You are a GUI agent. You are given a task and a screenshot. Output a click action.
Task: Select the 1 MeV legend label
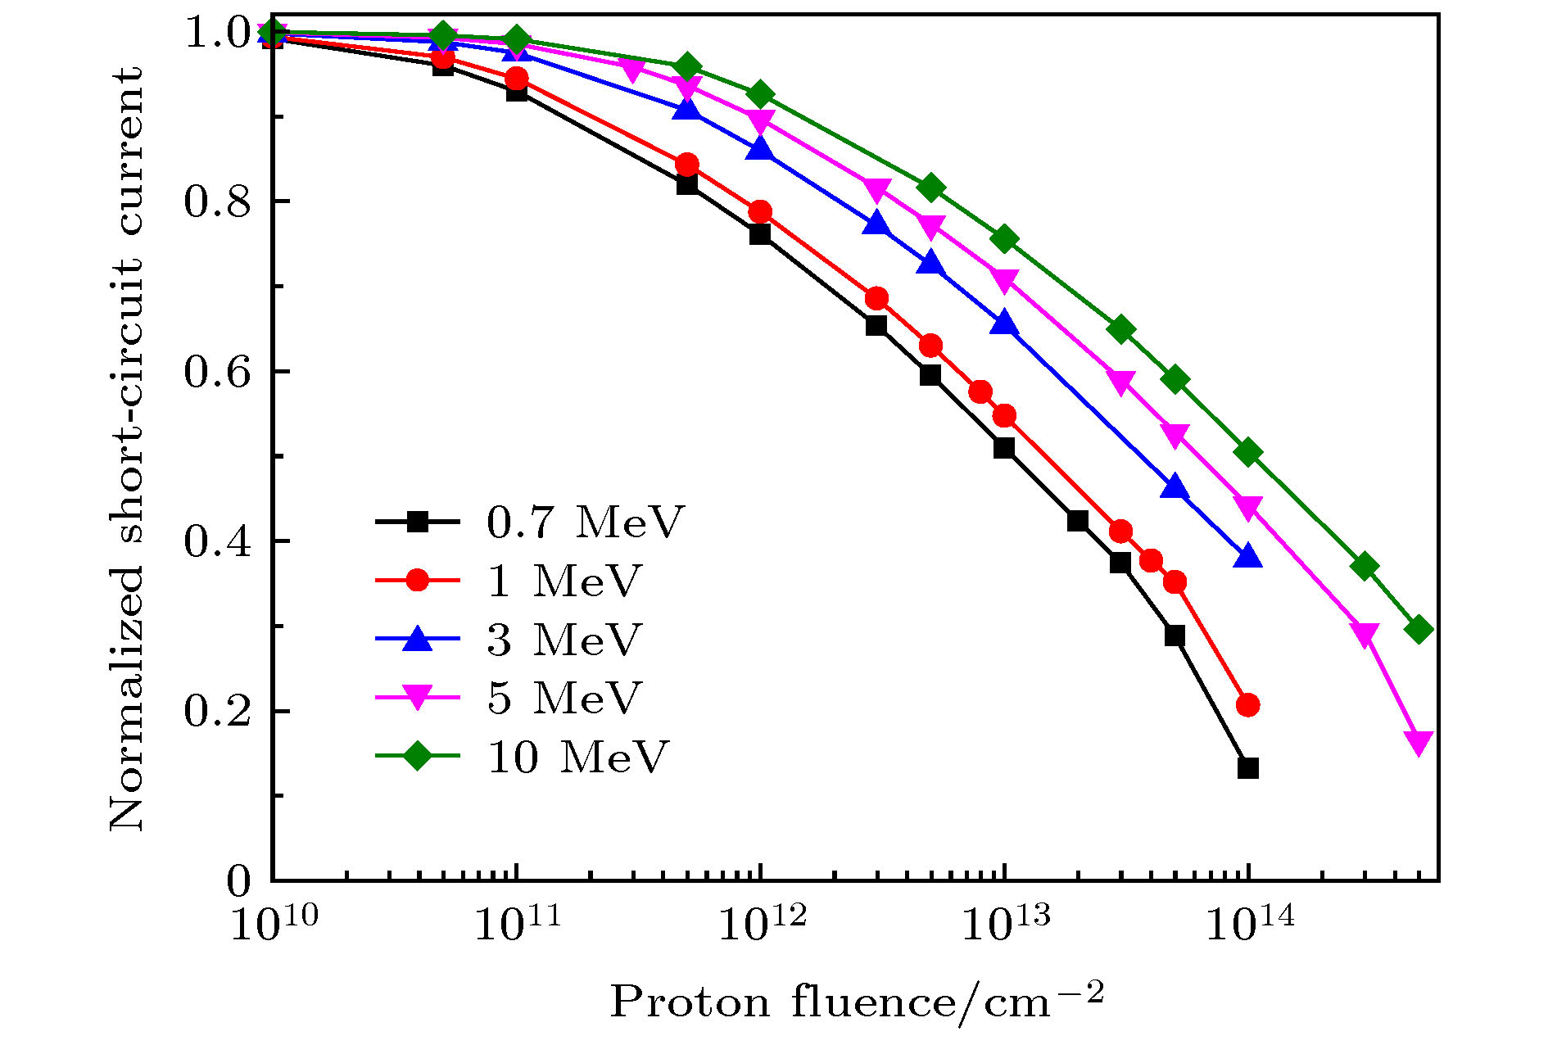(x=564, y=581)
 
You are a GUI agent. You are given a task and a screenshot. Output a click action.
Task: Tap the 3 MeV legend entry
(x=564, y=640)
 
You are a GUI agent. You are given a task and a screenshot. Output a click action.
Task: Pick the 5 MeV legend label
(x=564, y=698)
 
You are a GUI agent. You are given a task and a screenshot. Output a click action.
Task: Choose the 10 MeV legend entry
(x=577, y=757)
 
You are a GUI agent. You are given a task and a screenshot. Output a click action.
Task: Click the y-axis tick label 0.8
(x=217, y=201)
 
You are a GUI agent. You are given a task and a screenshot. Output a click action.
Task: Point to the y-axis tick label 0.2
(x=217, y=711)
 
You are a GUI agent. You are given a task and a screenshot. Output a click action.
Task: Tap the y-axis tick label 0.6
(x=217, y=372)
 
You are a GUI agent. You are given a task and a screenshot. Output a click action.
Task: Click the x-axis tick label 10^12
(x=762, y=924)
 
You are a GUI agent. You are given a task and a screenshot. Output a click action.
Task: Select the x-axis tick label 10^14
(x=1250, y=924)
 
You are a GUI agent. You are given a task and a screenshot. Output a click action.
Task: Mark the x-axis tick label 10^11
(x=518, y=924)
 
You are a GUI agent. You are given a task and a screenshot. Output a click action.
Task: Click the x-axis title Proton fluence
(x=857, y=1001)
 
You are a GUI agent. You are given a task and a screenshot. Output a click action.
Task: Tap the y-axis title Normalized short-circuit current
(x=127, y=449)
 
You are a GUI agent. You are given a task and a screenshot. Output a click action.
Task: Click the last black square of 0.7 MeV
(x=1247, y=768)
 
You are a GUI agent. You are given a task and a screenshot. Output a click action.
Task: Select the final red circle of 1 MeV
(x=1247, y=704)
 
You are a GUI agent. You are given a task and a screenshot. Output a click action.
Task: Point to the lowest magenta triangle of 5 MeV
(x=1419, y=742)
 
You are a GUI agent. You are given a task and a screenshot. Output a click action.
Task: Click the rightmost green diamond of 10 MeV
(x=1419, y=630)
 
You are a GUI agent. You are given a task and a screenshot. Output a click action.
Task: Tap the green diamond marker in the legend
(x=418, y=756)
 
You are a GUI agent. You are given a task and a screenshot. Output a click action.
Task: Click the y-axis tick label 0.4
(x=217, y=541)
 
